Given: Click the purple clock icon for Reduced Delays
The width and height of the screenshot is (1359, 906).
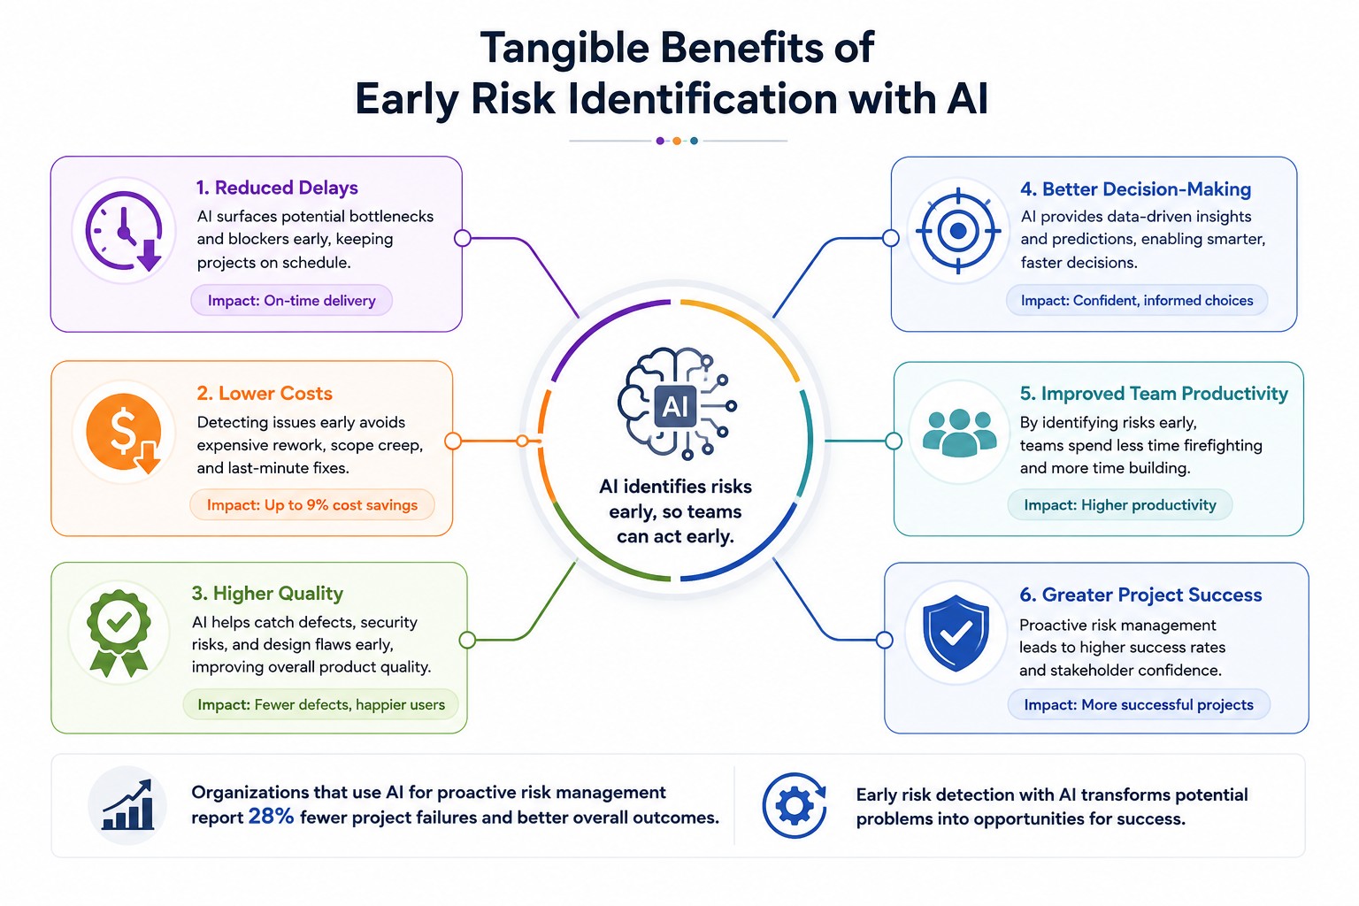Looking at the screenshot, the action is [125, 231].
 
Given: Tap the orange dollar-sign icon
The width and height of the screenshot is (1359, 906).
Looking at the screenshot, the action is [124, 432].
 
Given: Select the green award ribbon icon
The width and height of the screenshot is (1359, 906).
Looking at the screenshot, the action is [119, 633].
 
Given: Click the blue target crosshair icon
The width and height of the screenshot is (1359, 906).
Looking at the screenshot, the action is [958, 231].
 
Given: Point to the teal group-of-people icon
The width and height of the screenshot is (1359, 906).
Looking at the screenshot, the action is [959, 432].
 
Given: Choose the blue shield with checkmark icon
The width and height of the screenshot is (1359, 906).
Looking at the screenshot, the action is [956, 633].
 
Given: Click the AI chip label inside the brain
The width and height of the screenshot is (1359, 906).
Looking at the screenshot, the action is [675, 406].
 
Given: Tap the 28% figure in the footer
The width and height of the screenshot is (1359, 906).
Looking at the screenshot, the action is [271, 816].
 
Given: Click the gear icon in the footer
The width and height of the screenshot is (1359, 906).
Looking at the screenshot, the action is [795, 806].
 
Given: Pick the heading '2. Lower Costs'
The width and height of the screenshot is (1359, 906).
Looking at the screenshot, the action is [265, 393].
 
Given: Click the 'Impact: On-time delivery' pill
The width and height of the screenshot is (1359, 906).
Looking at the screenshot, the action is [292, 301].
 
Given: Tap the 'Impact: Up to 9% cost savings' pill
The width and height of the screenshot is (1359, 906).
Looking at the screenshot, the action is [312, 505].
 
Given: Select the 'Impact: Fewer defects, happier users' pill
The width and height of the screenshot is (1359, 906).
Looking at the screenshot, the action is [321, 704].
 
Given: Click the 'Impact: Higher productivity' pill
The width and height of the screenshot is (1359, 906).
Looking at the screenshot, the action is [1120, 505].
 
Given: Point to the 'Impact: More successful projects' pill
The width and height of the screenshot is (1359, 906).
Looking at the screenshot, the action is [1139, 704].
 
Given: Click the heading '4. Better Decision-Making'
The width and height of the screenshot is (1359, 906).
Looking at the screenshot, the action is [1136, 189].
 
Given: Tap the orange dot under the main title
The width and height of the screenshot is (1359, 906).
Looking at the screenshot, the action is [677, 141].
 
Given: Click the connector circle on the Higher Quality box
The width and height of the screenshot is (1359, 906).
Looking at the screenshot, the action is [467, 640].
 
